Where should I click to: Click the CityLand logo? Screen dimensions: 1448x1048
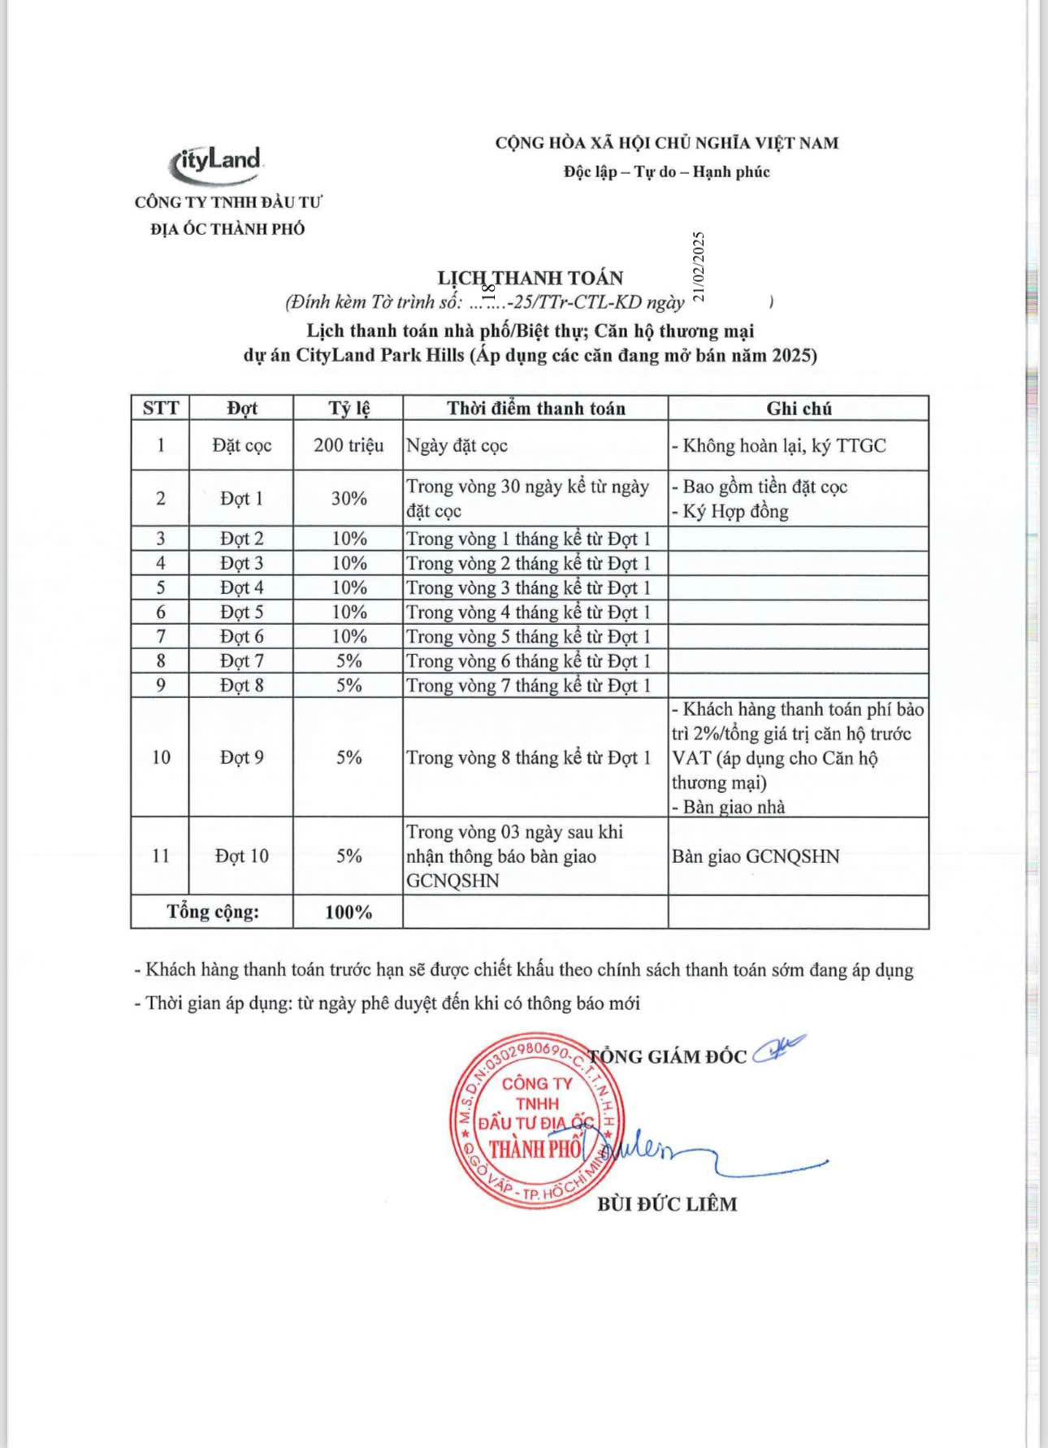[x=217, y=163]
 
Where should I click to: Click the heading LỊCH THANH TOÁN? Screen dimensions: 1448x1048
[x=530, y=278]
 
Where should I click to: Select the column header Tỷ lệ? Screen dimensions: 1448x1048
[x=349, y=408]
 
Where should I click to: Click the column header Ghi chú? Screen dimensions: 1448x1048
[x=799, y=408]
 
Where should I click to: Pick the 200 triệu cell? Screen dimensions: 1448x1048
[x=349, y=445]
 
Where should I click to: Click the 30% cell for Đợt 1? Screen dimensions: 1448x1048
[x=349, y=498]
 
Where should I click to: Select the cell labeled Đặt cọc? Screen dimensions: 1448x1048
[x=241, y=445]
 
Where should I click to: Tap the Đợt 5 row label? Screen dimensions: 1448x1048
[x=241, y=612]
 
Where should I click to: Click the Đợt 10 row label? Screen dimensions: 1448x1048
[x=241, y=856]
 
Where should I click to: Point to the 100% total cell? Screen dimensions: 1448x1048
[x=349, y=912]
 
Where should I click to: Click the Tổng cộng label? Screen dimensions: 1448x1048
[x=213, y=912]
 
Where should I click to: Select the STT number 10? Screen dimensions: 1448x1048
[x=161, y=757]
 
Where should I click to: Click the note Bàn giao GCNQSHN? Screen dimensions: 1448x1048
[x=756, y=856]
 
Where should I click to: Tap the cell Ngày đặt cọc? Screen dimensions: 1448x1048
[x=457, y=445]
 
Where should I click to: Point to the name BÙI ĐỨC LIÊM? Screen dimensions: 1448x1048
[x=667, y=1203]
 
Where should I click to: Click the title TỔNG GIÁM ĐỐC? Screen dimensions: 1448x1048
[x=667, y=1056]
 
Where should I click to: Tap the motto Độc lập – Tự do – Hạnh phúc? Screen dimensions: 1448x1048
[x=667, y=171]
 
